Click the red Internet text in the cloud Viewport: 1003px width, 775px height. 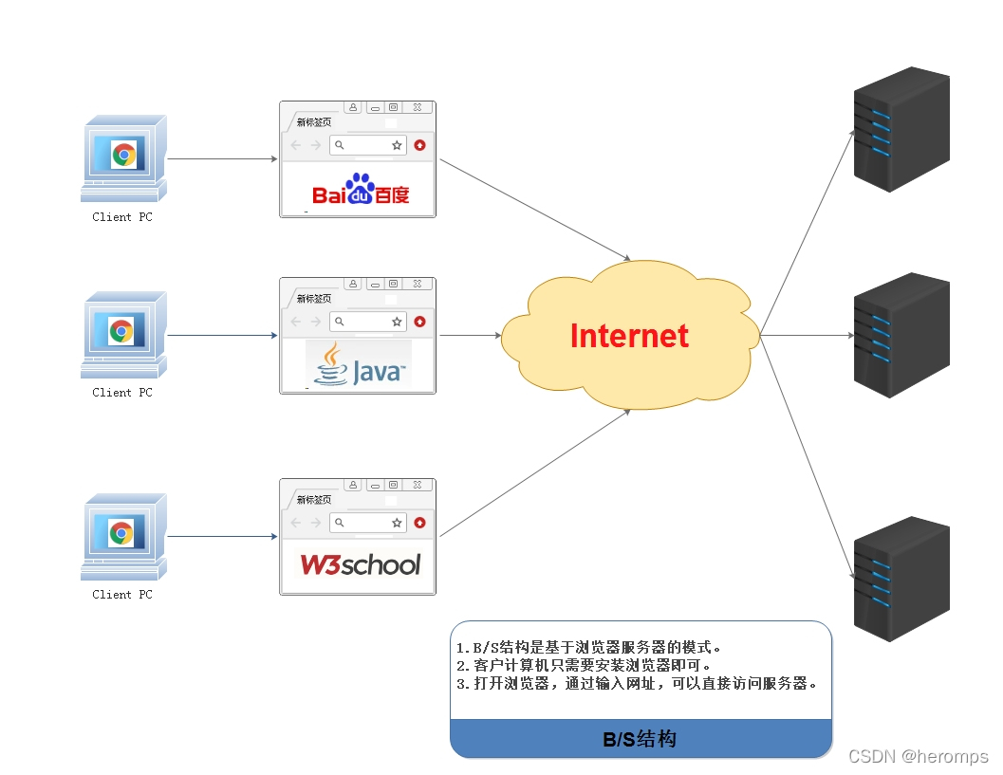(629, 336)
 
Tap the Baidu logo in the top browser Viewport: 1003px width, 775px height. (361, 191)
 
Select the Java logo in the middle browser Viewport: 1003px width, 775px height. (360, 365)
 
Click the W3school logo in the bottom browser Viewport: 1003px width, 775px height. (360, 564)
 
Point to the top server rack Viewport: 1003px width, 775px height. (901, 129)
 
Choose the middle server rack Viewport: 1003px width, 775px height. (901, 335)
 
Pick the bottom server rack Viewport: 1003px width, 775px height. (901, 579)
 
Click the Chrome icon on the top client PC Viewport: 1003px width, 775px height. (123, 155)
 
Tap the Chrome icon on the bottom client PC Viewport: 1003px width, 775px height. (121, 533)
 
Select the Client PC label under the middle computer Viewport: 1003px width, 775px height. (121, 393)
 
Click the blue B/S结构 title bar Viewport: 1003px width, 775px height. (641, 739)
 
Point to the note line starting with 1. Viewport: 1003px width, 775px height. (589, 648)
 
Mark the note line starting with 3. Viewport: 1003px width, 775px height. (636, 683)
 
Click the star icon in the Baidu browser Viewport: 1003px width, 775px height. (398, 145)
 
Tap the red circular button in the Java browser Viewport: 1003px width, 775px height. (419, 322)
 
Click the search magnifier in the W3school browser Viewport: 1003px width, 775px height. (340, 523)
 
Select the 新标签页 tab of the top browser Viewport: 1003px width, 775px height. (313, 122)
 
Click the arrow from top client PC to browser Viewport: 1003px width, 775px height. (223, 159)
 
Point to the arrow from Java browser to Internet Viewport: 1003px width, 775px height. (470, 335)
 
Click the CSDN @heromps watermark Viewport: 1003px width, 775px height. (918, 756)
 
